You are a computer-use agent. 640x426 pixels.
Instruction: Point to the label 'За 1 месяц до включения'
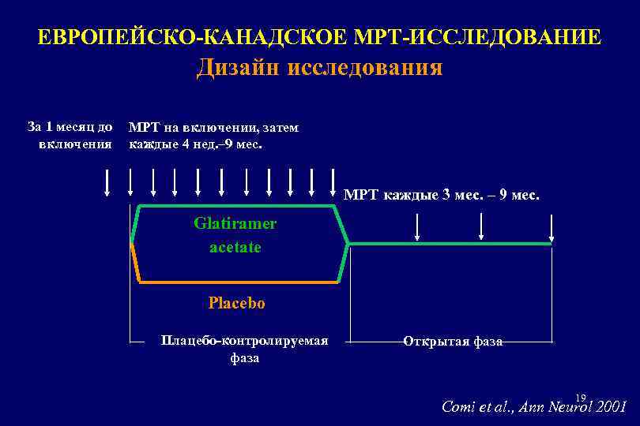point(70,135)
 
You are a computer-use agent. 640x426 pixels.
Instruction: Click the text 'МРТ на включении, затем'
point(213,127)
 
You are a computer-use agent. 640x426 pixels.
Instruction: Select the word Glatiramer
point(235,223)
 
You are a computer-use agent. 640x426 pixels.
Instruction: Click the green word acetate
point(235,247)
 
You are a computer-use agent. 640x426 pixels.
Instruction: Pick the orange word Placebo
point(236,303)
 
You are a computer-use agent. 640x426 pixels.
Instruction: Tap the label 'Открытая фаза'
point(452,342)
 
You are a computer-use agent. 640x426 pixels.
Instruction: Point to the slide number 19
point(581,397)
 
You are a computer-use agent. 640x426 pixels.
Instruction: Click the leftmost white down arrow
point(107,182)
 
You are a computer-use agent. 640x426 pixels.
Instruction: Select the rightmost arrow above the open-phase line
point(552,228)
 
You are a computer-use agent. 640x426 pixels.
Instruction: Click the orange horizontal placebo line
point(237,282)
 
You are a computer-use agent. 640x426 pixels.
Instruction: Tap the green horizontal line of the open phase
point(450,244)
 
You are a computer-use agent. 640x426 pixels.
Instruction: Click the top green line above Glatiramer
point(237,206)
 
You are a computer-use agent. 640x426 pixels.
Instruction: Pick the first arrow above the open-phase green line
point(417,228)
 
